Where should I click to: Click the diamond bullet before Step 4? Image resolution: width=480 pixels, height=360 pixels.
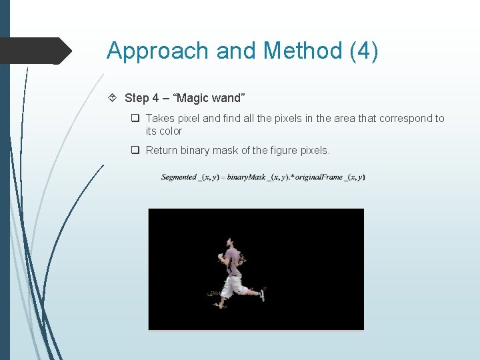pyautogui.click(x=115, y=98)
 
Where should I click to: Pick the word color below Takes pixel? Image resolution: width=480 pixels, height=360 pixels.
pyautogui.click(x=170, y=131)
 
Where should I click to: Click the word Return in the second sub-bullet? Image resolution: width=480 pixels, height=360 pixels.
pyautogui.click(x=161, y=151)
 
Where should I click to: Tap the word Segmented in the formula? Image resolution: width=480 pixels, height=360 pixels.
pyautogui.click(x=179, y=177)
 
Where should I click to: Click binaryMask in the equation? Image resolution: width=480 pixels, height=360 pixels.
pyautogui.click(x=245, y=177)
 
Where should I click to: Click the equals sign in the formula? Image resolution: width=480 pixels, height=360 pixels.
pyautogui.click(x=223, y=177)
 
